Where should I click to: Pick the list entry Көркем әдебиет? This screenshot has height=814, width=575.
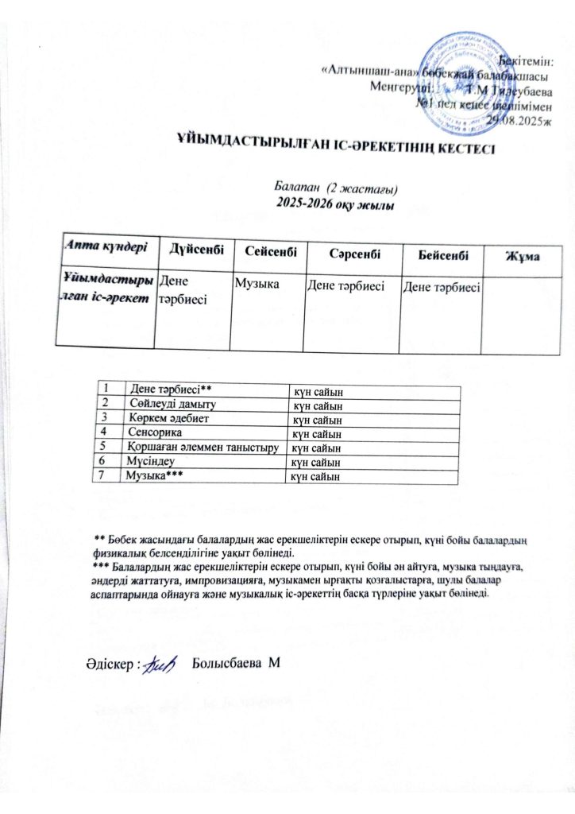point(168,419)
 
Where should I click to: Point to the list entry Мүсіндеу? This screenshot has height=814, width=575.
point(149,462)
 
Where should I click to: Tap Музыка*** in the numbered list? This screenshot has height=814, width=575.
point(155,476)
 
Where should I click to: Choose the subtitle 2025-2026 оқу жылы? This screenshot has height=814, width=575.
point(334,203)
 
